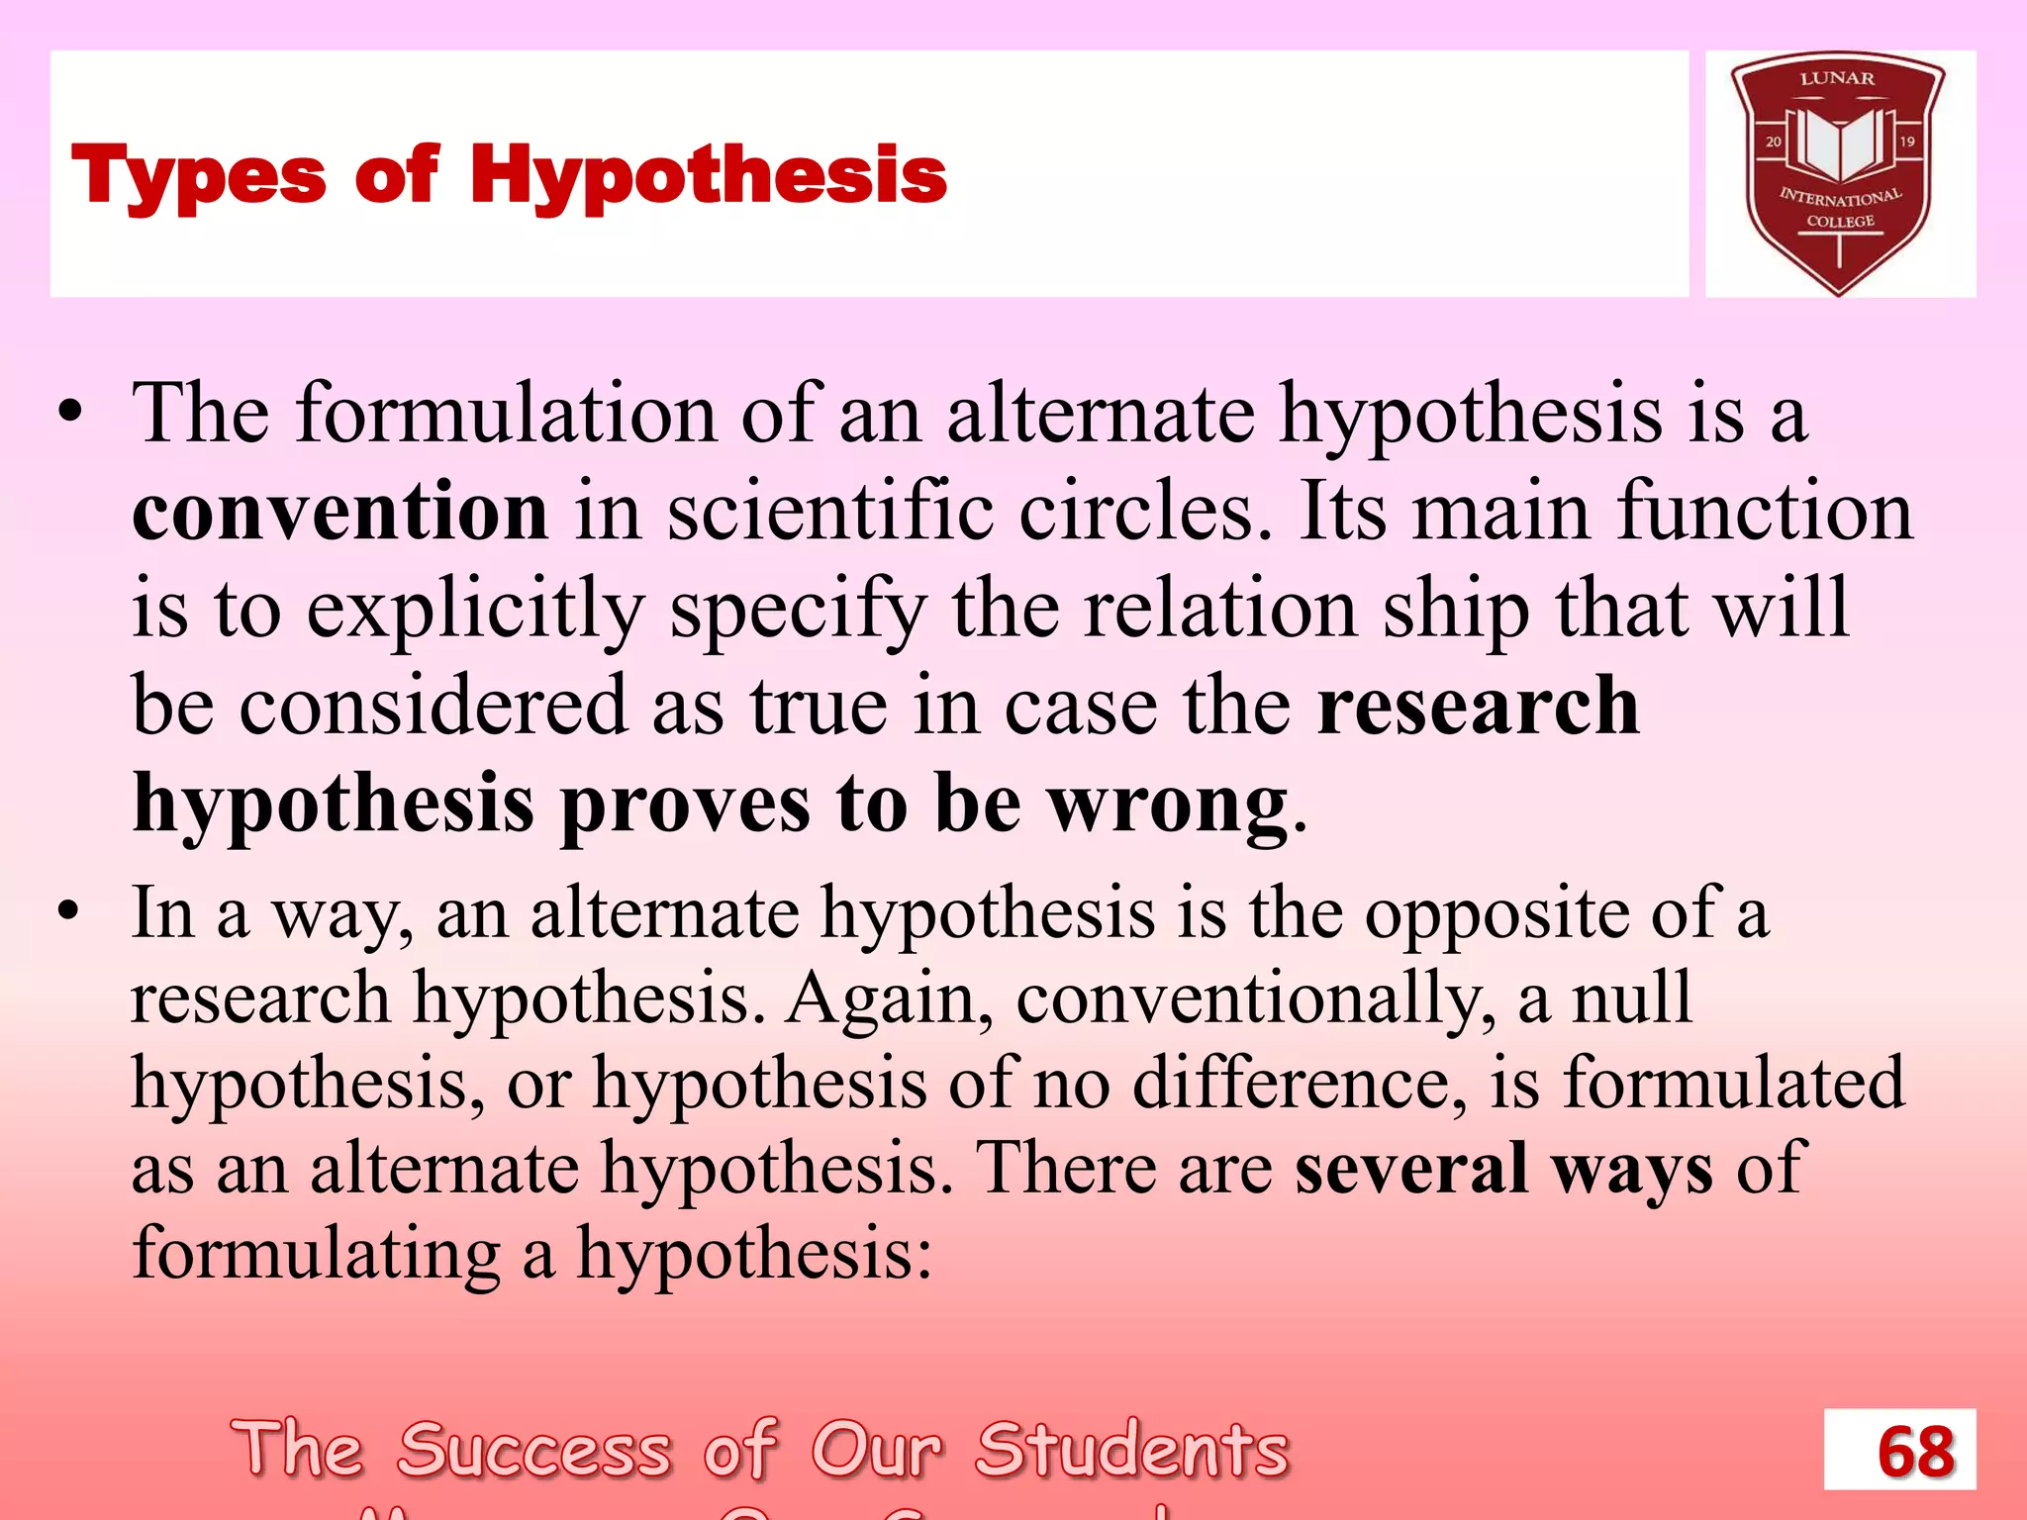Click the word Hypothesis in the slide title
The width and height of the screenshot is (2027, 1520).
coord(708,176)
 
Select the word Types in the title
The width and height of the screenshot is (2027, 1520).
coord(199,176)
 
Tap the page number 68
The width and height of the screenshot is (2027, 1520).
coord(1915,1451)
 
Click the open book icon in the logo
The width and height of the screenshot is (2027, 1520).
coord(1838,142)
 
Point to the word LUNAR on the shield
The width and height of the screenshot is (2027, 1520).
coord(1837,78)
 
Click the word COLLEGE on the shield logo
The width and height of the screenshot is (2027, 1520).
coord(1840,221)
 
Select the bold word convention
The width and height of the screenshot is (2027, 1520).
coord(339,511)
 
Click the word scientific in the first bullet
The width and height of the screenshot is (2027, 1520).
coord(829,511)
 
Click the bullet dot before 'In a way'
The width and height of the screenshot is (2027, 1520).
coord(68,910)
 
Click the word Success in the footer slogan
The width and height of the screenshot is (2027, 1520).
coord(534,1450)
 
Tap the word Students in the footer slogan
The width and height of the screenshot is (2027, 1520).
coord(1132,1450)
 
